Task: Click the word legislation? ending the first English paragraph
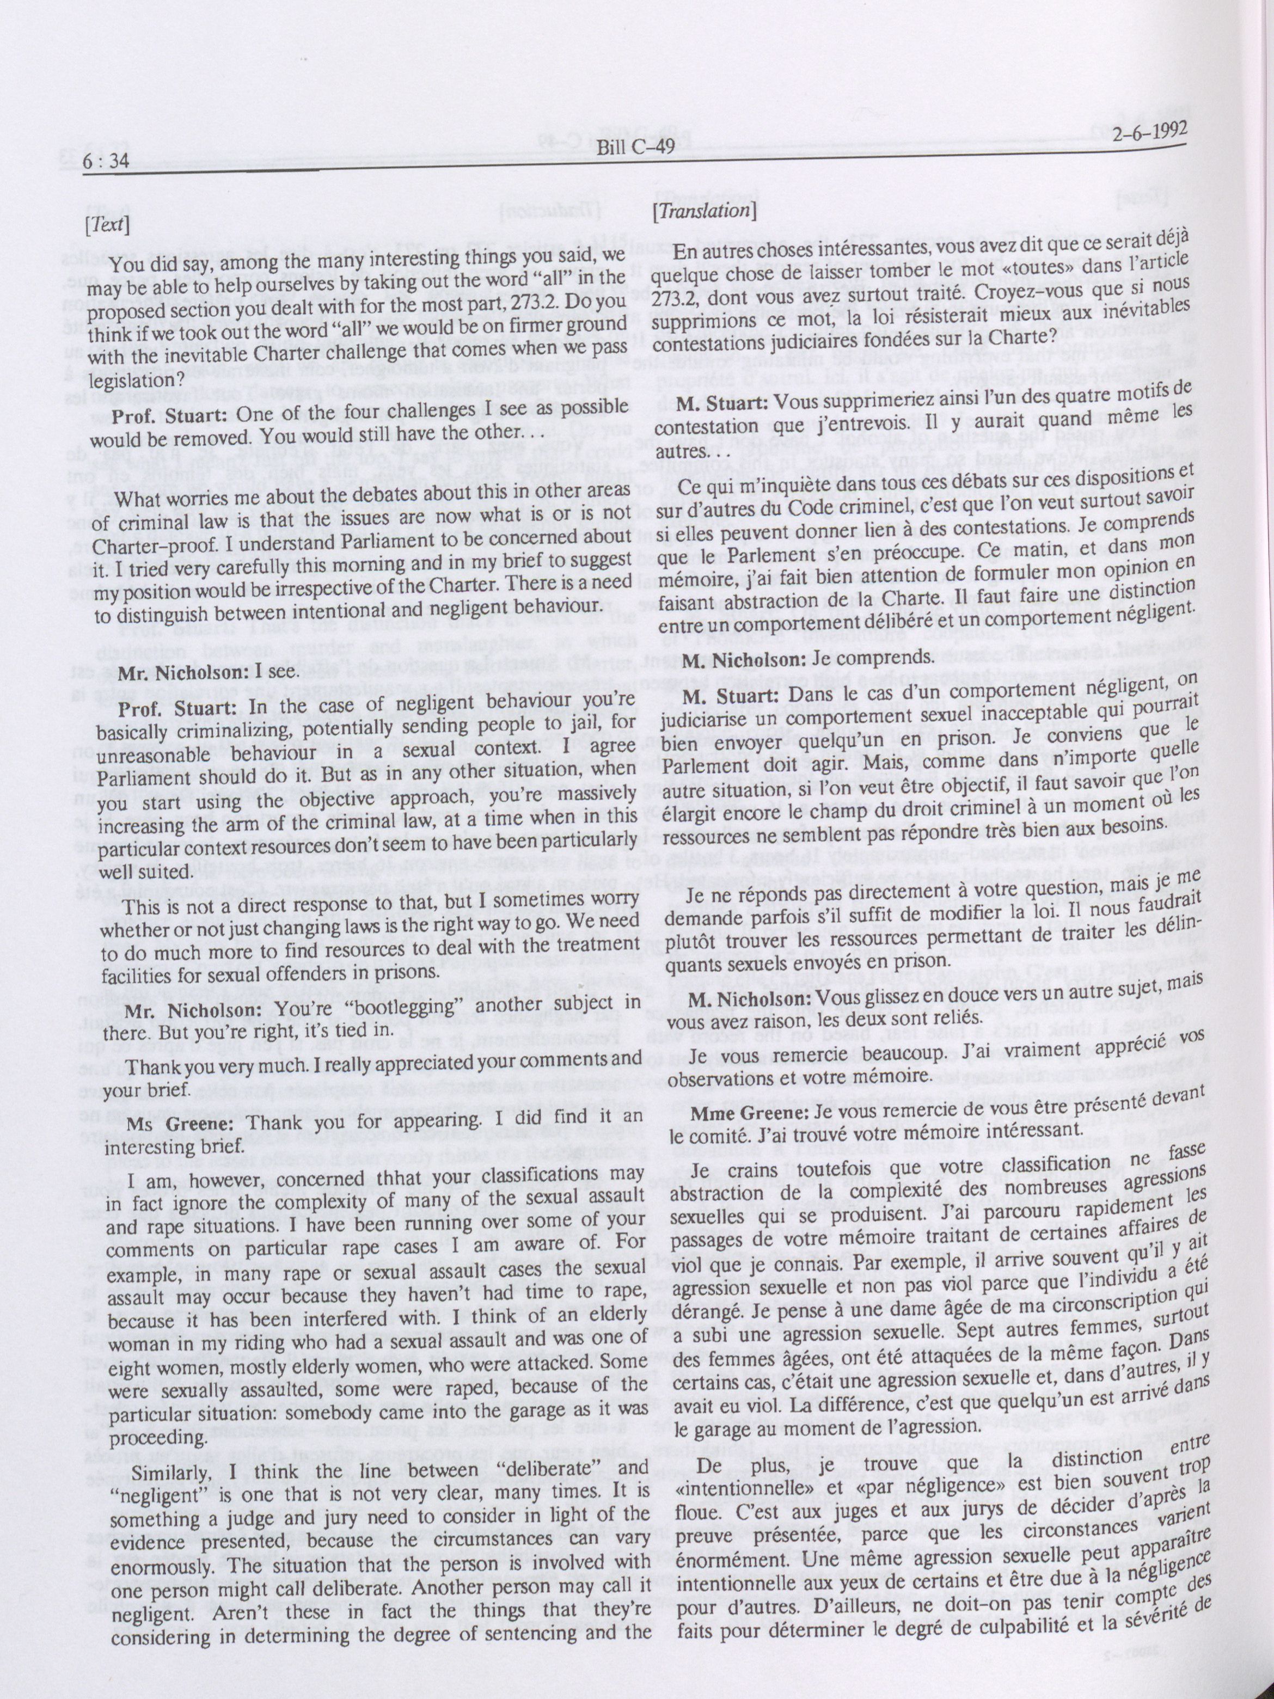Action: click(x=134, y=379)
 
